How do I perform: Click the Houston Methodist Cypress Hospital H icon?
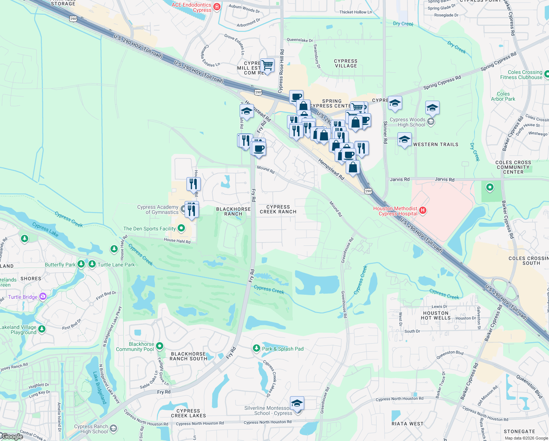423,210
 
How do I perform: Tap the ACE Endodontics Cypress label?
192,7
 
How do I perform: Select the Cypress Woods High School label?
407,122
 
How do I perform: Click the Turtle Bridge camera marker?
43,296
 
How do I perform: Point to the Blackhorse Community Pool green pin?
160,346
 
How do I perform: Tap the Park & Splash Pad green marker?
257,348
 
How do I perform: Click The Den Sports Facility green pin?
181,228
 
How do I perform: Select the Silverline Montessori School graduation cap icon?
297,403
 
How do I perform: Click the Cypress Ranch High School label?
91,429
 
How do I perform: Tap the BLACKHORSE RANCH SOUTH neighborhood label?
189,356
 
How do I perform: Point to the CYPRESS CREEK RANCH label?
278,209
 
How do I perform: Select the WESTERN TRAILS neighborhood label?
436,144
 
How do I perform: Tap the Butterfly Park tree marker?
81,264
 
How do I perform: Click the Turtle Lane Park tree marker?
92,264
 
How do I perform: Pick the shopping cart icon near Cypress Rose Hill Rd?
268,66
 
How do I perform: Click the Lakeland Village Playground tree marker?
42,329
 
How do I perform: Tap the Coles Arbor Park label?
503,96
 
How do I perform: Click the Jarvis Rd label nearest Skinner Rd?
400,179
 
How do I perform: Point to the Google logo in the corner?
12,437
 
